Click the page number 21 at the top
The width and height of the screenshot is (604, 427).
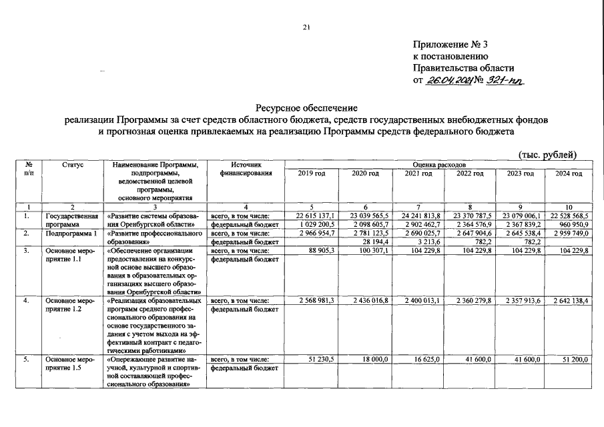click(306, 27)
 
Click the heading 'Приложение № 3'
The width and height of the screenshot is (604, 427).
click(451, 45)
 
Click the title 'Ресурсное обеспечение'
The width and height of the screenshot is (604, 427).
click(306, 108)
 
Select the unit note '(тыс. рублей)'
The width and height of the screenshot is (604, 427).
click(547, 155)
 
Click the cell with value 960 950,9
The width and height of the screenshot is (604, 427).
click(571, 225)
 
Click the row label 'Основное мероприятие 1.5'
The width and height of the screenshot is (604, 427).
click(70, 364)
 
